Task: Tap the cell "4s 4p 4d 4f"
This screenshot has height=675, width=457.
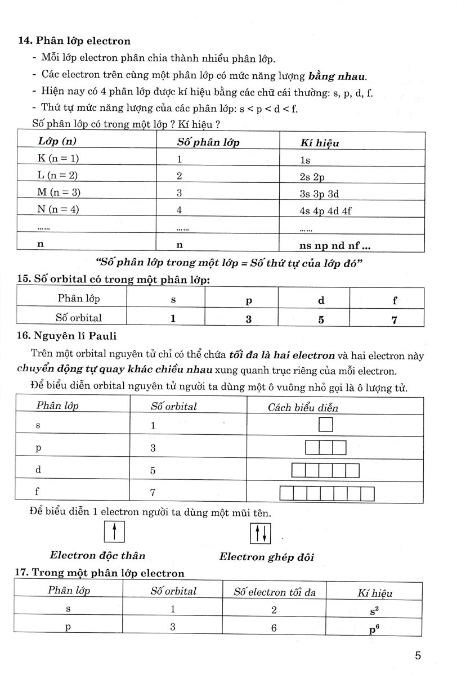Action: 326,211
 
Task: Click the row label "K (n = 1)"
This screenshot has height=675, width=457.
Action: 58,159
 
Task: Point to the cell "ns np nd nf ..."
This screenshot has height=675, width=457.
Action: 335,245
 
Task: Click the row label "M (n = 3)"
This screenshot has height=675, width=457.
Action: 59,192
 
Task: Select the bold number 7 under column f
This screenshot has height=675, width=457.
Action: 395,319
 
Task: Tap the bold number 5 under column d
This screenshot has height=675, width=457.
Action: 321,319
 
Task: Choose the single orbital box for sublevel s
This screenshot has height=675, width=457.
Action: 326,425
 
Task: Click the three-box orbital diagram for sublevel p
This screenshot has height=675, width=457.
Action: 326,448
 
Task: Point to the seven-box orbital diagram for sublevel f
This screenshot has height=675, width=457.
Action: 327,493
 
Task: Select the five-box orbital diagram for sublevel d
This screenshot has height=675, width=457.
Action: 326,470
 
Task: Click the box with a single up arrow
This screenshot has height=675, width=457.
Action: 114,532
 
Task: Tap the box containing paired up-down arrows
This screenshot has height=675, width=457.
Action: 261,533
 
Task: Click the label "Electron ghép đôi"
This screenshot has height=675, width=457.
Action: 266,557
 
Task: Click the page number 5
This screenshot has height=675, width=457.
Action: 418,656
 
